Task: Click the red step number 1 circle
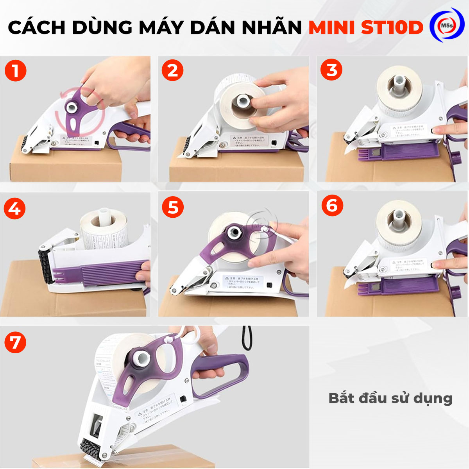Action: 15,71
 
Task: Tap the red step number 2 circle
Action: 172,71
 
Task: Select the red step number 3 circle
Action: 331,70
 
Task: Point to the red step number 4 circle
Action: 15,209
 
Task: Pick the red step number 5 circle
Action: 173,207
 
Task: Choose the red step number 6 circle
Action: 332,205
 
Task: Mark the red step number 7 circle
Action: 15,342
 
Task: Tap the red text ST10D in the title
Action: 392,27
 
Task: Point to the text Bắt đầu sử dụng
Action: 390,398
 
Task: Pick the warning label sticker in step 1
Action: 76,140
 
